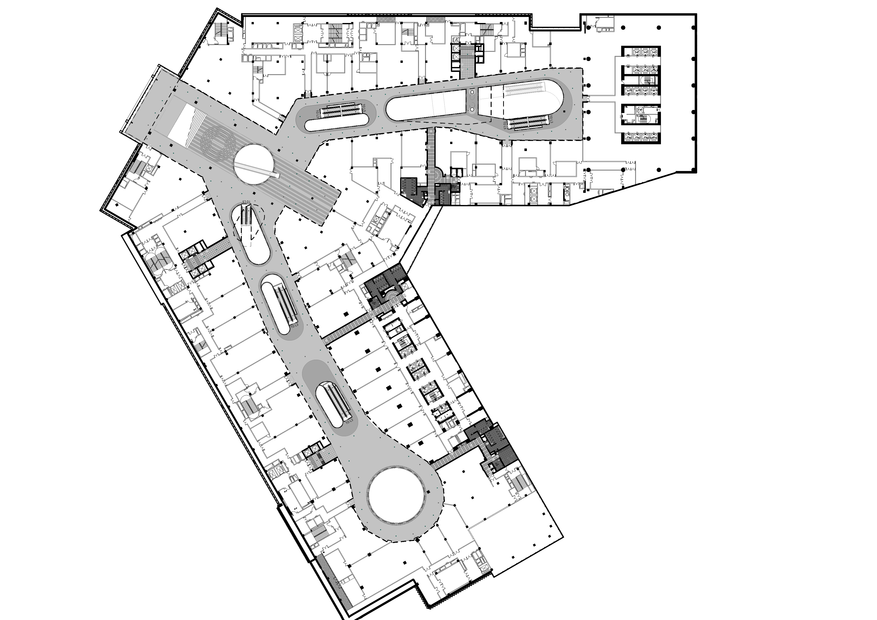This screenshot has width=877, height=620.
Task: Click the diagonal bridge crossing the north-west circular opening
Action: [x=257, y=170]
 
